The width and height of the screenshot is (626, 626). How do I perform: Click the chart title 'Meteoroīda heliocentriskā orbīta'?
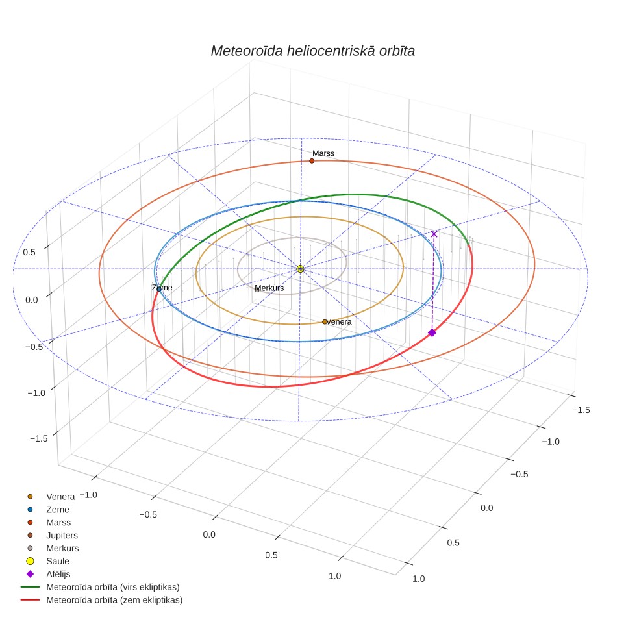(x=312, y=51)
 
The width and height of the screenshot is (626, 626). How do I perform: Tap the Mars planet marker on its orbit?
(x=312, y=161)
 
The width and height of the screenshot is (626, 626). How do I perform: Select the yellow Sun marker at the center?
(x=300, y=269)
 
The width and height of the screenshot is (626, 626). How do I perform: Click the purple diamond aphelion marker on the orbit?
(x=432, y=332)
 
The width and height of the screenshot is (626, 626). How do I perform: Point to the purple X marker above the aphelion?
(x=434, y=234)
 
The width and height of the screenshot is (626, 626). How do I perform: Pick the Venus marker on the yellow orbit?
(x=325, y=322)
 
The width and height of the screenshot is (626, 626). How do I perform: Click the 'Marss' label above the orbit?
(x=323, y=153)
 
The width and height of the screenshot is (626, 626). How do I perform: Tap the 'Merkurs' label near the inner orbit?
(x=269, y=288)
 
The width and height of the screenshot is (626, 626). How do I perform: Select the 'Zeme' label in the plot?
(x=162, y=288)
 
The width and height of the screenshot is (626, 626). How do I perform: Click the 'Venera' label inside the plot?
(x=339, y=322)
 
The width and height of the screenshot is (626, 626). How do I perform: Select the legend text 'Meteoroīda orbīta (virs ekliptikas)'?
(x=113, y=587)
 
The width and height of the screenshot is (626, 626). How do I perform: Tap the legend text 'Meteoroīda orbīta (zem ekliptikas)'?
(x=114, y=600)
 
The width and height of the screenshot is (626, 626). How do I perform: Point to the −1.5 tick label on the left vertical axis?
(x=39, y=438)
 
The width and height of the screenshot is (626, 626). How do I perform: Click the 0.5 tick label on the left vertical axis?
(x=29, y=253)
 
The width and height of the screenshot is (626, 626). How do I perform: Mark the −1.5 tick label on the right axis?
(x=581, y=410)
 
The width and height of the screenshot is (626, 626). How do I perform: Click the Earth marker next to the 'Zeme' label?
(x=159, y=289)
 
